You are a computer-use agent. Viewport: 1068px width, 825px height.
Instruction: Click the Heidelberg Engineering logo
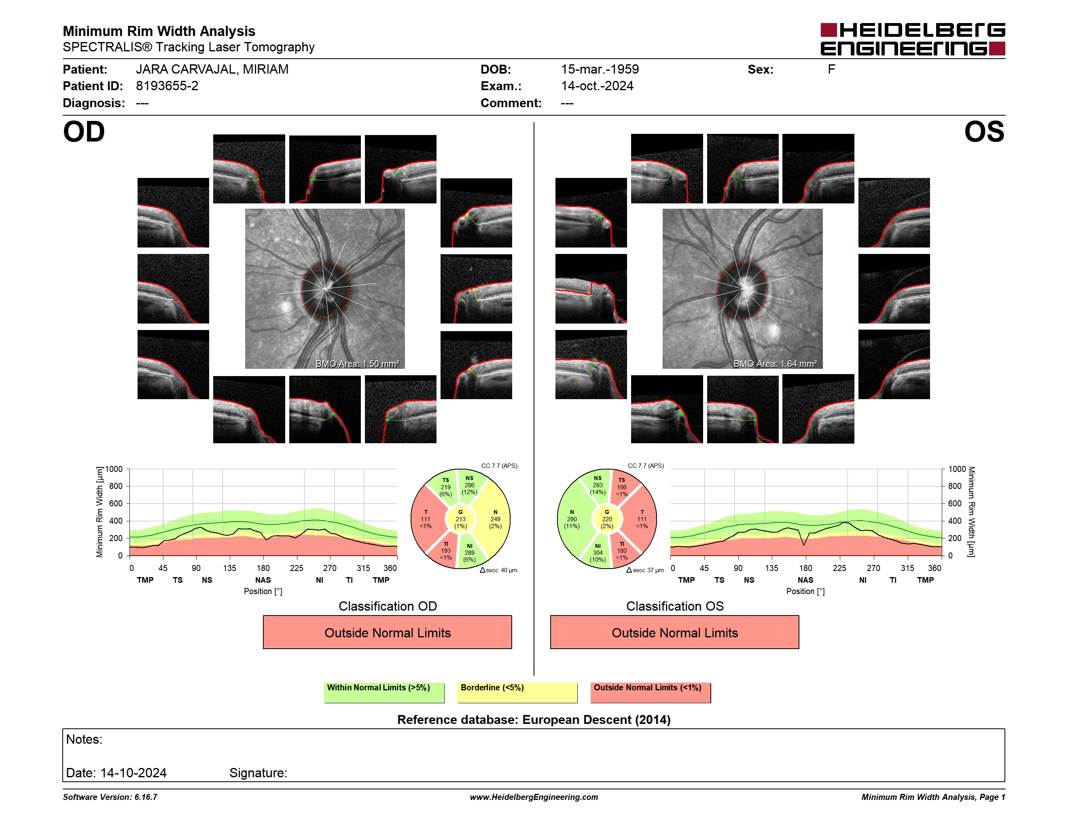913,39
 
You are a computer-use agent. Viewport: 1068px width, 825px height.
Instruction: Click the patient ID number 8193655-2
167,86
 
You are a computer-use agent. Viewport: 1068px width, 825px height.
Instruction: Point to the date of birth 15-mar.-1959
600,70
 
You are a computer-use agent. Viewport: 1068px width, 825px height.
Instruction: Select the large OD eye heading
84,131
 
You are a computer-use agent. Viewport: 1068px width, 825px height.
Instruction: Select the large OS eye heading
984,131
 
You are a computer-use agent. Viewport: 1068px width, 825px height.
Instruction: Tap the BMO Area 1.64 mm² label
775,364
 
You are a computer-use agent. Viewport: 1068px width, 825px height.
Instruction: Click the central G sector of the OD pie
460,519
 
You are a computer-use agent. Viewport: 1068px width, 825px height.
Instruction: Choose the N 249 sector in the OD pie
495,519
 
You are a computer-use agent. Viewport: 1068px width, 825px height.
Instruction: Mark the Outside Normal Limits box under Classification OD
387,632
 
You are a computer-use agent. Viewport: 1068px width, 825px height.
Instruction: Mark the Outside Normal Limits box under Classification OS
674,632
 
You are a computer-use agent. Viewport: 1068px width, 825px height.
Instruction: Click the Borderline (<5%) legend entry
517,692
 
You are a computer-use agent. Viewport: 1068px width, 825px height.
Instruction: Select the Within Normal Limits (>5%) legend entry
384,692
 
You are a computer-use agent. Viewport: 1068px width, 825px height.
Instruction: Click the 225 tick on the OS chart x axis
839,568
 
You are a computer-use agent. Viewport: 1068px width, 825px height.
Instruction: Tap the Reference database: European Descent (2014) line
534,719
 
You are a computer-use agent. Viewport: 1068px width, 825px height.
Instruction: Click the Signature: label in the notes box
258,773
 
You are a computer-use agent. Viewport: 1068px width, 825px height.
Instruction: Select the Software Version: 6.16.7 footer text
110,797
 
